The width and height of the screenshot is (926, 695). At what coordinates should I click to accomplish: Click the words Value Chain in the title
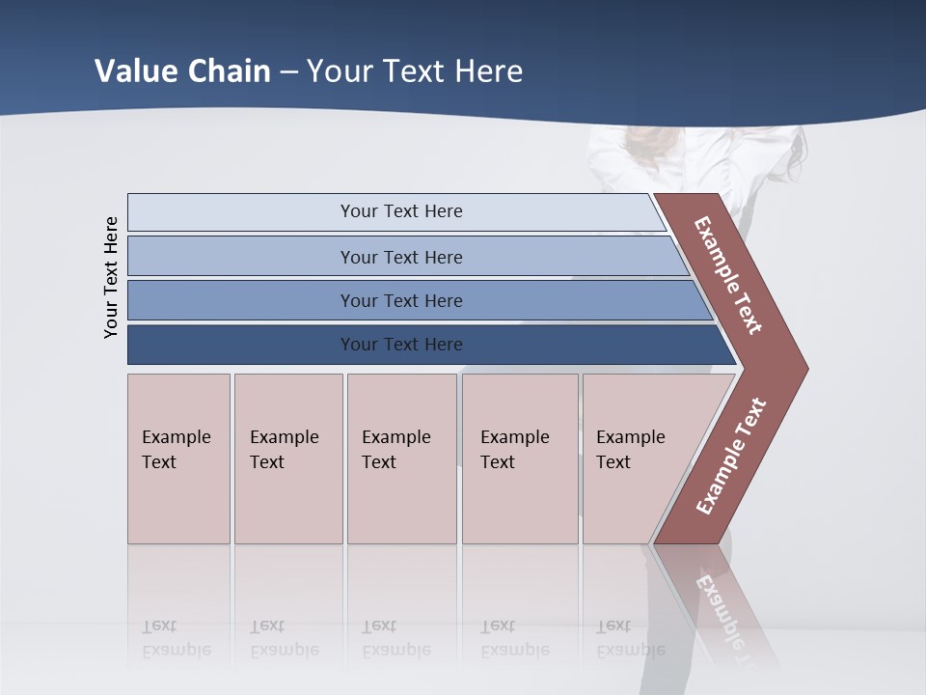tap(182, 70)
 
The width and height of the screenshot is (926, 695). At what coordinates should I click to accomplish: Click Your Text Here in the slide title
tap(415, 70)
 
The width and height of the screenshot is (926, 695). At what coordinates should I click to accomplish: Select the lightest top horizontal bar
tap(400, 211)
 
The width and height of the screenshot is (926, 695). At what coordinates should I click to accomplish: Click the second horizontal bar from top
tap(400, 257)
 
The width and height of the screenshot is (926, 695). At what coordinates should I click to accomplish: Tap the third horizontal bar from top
tap(400, 300)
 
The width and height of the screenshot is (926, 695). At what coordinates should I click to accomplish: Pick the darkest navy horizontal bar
tap(400, 345)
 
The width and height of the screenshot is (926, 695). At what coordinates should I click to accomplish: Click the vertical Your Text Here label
tap(111, 277)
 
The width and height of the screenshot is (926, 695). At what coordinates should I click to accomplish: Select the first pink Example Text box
tap(178, 459)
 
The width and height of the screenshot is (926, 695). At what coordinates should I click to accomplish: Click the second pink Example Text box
tap(287, 459)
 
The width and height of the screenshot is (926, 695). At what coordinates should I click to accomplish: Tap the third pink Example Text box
tap(400, 459)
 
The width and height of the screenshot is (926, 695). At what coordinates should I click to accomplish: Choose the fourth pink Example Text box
tap(519, 459)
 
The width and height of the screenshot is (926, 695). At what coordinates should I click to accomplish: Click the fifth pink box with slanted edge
tap(637, 459)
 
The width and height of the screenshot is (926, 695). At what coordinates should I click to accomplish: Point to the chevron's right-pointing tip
tap(803, 368)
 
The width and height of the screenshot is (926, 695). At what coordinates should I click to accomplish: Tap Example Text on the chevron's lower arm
tap(731, 456)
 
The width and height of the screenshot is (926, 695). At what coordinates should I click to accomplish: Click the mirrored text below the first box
tap(177, 638)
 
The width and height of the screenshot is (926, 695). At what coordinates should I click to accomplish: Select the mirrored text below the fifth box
tap(631, 638)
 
